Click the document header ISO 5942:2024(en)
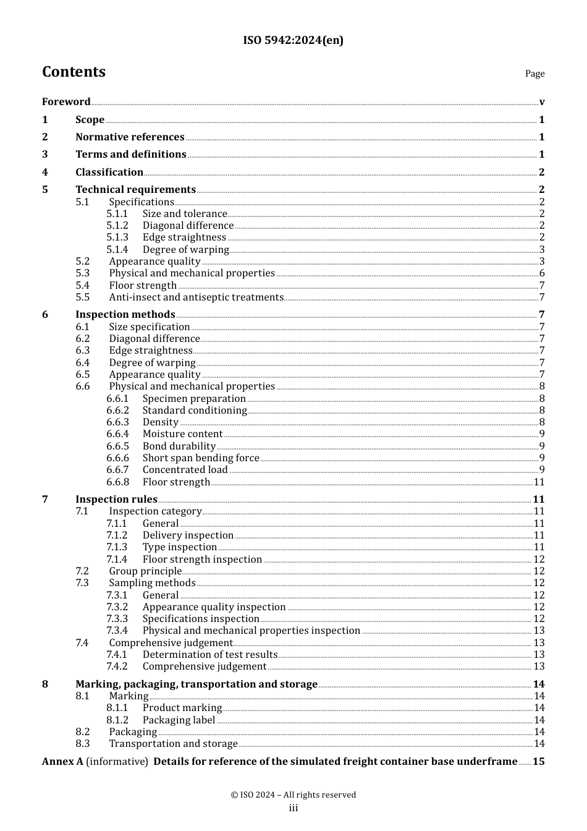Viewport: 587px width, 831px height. point(293,40)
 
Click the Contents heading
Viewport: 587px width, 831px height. point(74,72)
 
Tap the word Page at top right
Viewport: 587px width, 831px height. point(534,74)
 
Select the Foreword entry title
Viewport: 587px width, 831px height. point(66,102)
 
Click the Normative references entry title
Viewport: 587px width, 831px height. point(130,137)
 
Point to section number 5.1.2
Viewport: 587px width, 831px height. point(117,226)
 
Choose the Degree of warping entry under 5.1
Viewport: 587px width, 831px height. point(185,250)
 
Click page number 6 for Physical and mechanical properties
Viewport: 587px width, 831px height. point(542,273)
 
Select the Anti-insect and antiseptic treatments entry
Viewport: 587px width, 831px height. point(196,297)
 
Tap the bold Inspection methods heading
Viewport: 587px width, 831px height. point(125,315)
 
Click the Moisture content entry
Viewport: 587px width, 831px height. point(182,434)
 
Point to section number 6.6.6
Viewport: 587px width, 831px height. point(117,458)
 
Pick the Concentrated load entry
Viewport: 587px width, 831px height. point(185,470)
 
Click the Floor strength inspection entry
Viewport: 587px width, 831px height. point(202,560)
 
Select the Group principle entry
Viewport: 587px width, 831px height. point(145,571)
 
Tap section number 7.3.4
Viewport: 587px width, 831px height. point(117,631)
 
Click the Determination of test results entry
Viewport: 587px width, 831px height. point(210,655)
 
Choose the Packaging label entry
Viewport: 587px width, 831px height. point(179,720)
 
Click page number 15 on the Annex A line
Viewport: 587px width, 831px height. point(539,762)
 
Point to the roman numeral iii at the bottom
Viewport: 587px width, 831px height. point(293,808)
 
